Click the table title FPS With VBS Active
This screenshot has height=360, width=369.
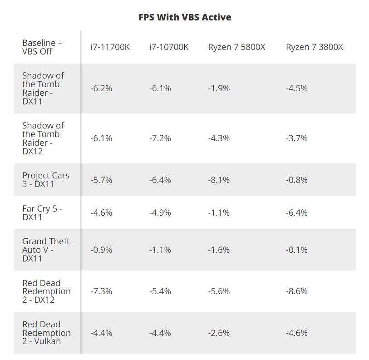click(x=185, y=17)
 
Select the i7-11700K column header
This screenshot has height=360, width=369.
click(x=110, y=47)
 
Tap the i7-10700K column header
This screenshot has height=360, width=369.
click(x=169, y=47)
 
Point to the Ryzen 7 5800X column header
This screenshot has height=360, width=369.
click(x=236, y=47)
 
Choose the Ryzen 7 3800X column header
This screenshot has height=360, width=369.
click(x=314, y=47)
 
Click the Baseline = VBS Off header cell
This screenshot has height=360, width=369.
click(x=43, y=47)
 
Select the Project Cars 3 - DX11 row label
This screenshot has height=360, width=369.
click(x=46, y=180)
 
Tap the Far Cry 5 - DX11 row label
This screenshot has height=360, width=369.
click(x=42, y=212)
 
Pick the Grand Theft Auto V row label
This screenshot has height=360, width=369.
click(x=46, y=250)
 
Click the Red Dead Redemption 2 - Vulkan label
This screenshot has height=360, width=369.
click(x=46, y=333)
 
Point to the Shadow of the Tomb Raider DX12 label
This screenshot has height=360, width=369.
click(x=43, y=138)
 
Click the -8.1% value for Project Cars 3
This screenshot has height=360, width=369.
click(x=219, y=180)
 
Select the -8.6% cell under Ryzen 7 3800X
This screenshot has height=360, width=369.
click(x=296, y=291)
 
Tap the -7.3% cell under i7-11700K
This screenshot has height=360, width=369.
click(x=101, y=291)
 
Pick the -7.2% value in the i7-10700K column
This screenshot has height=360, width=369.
click(x=160, y=138)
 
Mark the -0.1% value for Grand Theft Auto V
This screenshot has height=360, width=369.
click(x=296, y=250)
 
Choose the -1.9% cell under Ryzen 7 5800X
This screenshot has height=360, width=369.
click(x=219, y=88)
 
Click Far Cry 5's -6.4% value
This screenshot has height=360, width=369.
click(x=296, y=212)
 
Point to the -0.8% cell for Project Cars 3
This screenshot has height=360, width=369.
click(x=296, y=180)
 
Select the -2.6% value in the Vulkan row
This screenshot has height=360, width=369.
click(x=219, y=333)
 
